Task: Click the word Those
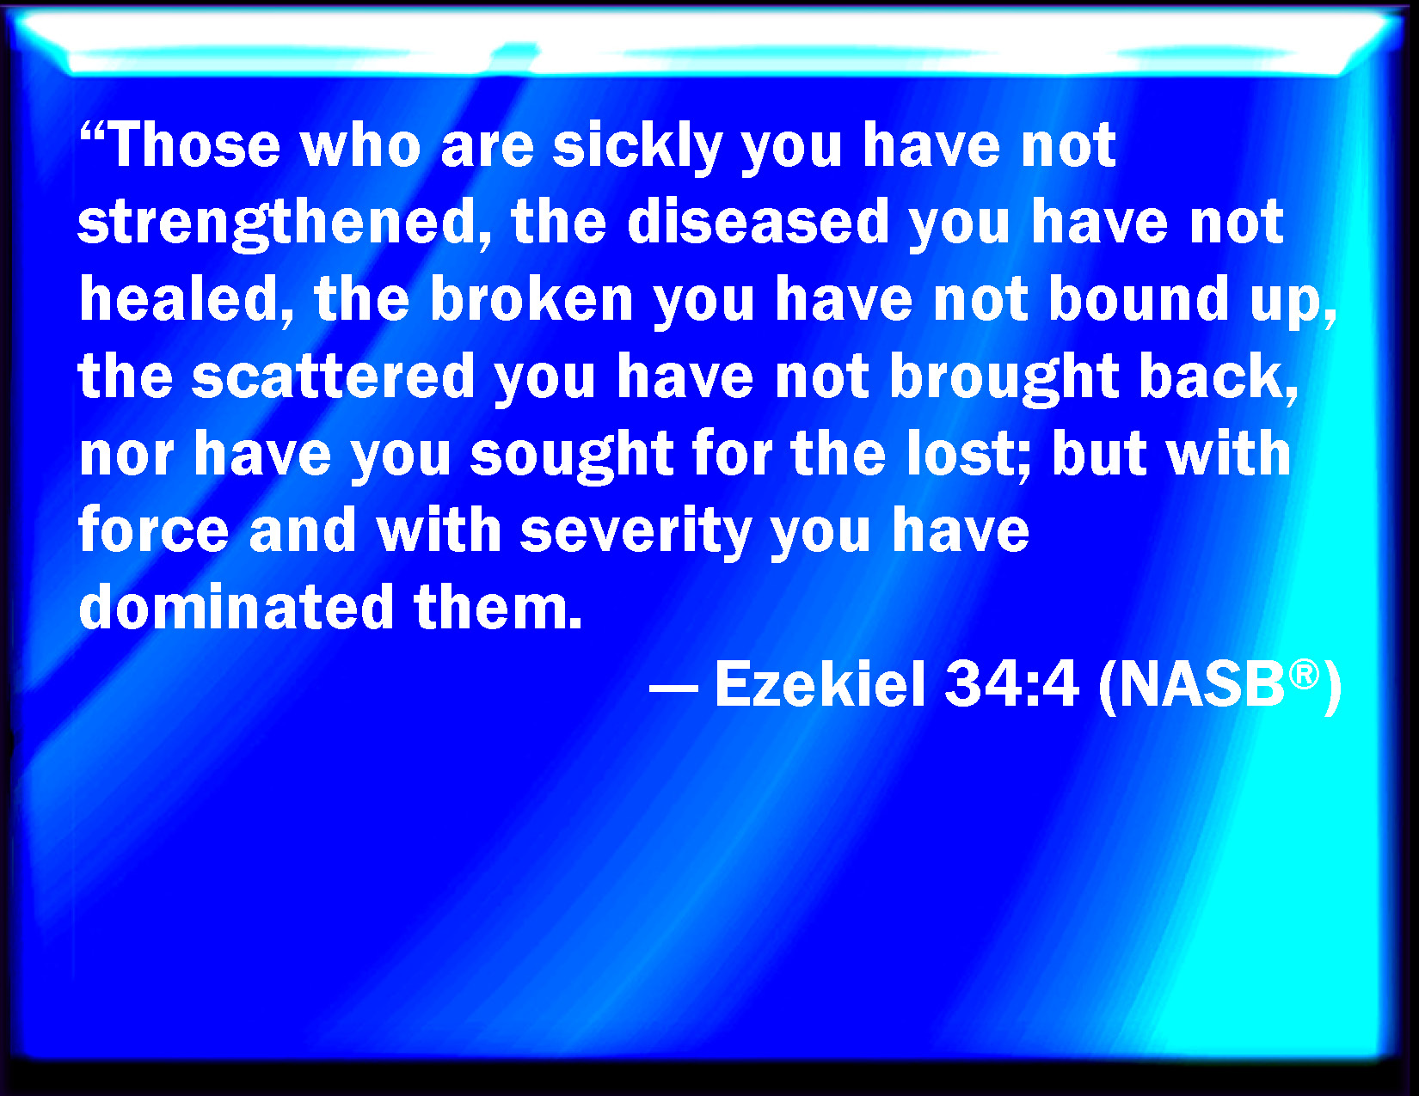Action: click(194, 144)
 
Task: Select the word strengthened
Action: click(278, 224)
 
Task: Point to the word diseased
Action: click(758, 221)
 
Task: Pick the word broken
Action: click(531, 298)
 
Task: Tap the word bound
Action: click(1138, 298)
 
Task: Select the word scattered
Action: click(332, 376)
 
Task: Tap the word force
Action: click(153, 530)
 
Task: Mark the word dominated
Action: click(236, 606)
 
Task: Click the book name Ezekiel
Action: click(820, 683)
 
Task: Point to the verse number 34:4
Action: click(1010, 683)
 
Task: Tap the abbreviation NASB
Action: click(1202, 683)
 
